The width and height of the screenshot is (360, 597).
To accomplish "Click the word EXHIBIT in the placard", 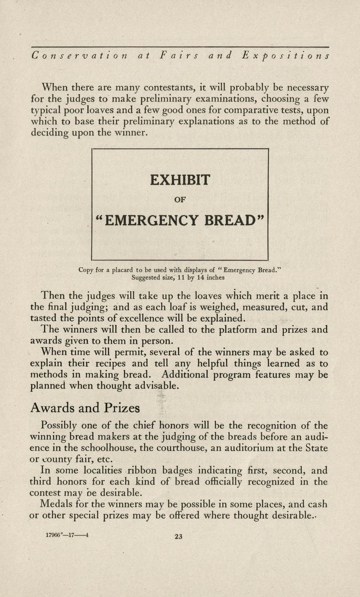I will pyautogui.click(x=180, y=180).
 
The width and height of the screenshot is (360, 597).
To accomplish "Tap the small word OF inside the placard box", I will pyautogui.click(x=180, y=200).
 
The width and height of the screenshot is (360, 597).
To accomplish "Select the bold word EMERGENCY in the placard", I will pyautogui.click(x=152, y=221).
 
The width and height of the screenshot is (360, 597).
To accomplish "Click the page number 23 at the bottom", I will pyautogui.click(x=178, y=537).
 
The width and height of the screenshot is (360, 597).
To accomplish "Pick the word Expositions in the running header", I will pyautogui.click(x=285, y=56).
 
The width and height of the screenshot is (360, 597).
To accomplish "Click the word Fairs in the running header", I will pyautogui.click(x=176, y=56).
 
